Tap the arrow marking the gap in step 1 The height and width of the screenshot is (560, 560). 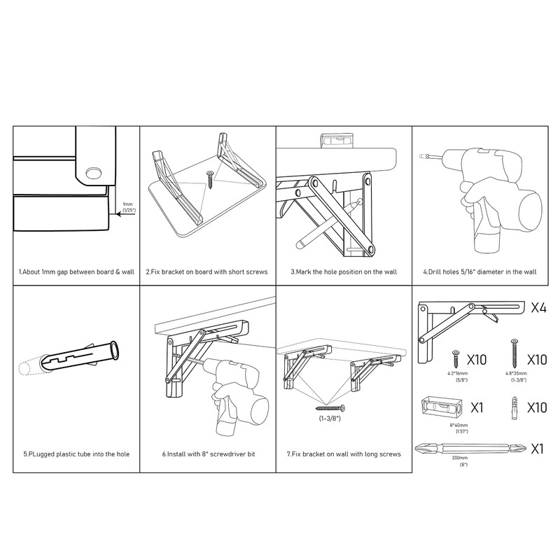tap(123, 216)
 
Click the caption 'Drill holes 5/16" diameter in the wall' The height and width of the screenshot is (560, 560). tap(479, 270)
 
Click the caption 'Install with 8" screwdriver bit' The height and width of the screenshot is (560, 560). tap(209, 454)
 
